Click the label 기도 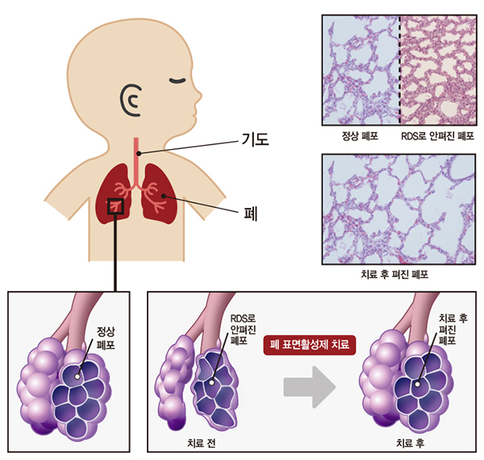(x=255, y=139)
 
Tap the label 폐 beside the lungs (x=251, y=213)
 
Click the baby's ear (x=131, y=100)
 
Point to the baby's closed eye (x=177, y=81)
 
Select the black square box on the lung (x=115, y=206)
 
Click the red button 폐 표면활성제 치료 (x=310, y=345)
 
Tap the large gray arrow (x=310, y=387)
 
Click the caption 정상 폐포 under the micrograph (x=360, y=136)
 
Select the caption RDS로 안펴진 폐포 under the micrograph (x=437, y=136)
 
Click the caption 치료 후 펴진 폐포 (x=394, y=274)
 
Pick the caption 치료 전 (x=201, y=443)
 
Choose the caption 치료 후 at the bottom (x=411, y=443)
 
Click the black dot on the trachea (x=139, y=153)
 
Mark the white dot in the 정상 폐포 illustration (x=77, y=376)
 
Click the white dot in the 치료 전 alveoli (x=211, y=383)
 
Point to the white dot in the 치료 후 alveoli (x=417, y=384)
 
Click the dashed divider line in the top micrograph (x=399, y=70)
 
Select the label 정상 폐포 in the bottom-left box (x=106, y=338)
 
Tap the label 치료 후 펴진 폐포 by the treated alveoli (x=453, y=329)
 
